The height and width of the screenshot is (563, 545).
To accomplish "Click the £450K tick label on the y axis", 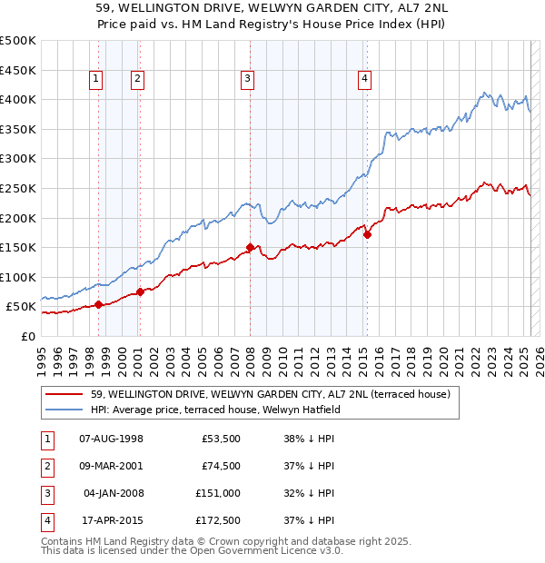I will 18,70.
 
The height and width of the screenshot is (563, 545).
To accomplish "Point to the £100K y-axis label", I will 18,277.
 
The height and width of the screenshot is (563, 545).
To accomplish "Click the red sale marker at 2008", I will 250,247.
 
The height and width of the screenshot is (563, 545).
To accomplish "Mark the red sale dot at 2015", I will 367,234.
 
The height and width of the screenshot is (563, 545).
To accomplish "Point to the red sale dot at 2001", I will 140,292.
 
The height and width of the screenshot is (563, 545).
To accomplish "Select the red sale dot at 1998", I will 98,305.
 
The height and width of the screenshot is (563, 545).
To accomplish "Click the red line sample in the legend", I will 65,395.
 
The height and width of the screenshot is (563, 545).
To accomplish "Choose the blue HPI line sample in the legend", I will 65,410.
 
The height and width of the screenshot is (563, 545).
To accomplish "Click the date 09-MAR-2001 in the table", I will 112,467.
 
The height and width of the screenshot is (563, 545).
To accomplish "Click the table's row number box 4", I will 47,521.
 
